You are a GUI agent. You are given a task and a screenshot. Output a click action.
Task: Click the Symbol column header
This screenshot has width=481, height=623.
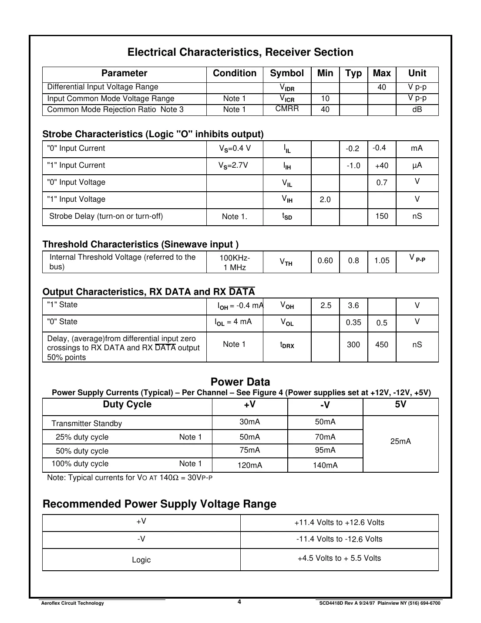click(287, 74)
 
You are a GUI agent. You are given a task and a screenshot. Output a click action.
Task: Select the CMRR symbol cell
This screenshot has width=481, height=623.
click(287, 109)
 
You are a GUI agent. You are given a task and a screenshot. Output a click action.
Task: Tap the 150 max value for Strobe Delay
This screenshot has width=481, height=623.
click(382, 216)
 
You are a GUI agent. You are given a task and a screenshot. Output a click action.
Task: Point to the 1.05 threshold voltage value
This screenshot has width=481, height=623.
click(382, 261)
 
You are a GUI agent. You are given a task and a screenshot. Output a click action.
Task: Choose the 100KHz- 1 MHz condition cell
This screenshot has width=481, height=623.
click(235, 262)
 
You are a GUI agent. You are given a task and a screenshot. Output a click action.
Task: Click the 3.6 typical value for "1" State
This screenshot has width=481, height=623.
click(353, 305)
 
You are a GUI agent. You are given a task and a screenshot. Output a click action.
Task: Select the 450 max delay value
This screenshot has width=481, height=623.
click(382, 345)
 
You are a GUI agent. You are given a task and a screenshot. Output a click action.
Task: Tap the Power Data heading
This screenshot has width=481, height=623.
click(240, 382)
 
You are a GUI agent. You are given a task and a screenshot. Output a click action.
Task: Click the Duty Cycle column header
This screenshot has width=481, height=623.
click(127, 404)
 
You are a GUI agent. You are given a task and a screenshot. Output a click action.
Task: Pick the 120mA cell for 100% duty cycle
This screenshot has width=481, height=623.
click(250, 465)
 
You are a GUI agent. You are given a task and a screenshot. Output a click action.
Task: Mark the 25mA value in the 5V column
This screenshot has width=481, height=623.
click(400, 441)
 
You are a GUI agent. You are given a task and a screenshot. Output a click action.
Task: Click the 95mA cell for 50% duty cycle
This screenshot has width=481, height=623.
click(325, 450)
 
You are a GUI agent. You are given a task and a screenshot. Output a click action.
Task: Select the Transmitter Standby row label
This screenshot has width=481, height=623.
click(87, 423)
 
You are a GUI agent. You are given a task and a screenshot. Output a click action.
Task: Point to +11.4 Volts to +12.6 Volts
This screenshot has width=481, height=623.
click(339, 522)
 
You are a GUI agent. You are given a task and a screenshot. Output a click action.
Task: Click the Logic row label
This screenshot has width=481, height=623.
click(141, 560)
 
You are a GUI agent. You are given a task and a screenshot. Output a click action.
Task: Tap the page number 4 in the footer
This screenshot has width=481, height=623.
click(239, 602)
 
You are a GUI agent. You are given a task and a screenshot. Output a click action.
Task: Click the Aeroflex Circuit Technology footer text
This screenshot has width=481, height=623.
click(72, 603)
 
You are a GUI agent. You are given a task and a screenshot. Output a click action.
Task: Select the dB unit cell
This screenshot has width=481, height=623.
click(417, 109)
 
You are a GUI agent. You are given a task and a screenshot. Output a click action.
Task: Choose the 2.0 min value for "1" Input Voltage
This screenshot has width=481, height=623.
click(325, 200)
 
